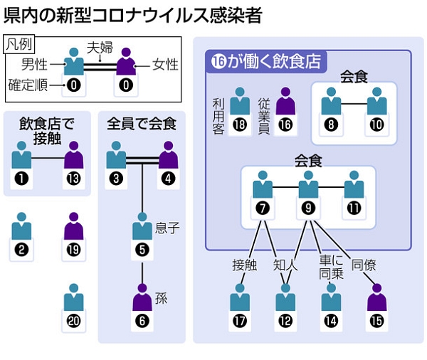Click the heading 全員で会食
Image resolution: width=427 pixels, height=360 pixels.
[x=142, y=125]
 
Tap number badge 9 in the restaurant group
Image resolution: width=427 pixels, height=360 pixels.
[x=308, y=209]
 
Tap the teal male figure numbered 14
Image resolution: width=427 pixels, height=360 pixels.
[x=330, y=297]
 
